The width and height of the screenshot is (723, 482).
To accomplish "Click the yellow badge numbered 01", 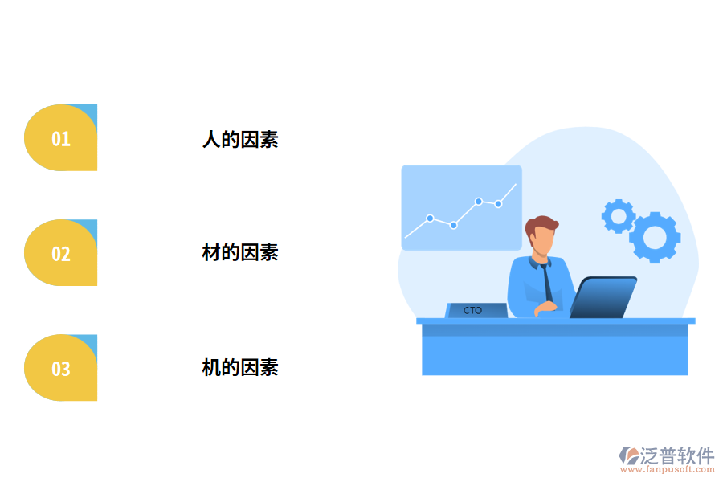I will (61, 138).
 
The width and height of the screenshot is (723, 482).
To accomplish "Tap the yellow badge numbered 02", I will (61, 253).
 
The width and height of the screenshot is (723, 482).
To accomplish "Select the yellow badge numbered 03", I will (61, 368).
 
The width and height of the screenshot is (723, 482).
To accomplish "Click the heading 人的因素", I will (239, 139).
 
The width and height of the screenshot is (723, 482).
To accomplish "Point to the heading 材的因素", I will (239, 252).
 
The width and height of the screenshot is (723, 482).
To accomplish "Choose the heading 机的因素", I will (239, 368).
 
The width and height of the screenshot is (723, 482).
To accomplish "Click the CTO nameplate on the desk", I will (475, 310).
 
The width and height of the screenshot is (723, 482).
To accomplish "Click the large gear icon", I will (655, 237).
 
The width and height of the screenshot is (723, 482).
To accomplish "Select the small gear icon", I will (618, 216).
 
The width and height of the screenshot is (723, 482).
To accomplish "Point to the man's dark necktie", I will (546, 281).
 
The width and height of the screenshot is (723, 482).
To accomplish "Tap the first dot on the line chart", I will (430, 218).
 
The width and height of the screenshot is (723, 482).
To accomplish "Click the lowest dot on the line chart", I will (454, 225).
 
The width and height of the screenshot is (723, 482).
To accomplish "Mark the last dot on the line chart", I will (498, 204).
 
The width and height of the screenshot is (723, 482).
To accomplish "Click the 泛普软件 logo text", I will (677, 455).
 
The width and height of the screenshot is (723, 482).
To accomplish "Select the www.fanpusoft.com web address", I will (671, 469).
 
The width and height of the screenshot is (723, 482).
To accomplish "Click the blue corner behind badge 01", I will (90, 112).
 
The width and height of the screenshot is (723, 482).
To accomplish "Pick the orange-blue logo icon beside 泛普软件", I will (628, 456).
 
